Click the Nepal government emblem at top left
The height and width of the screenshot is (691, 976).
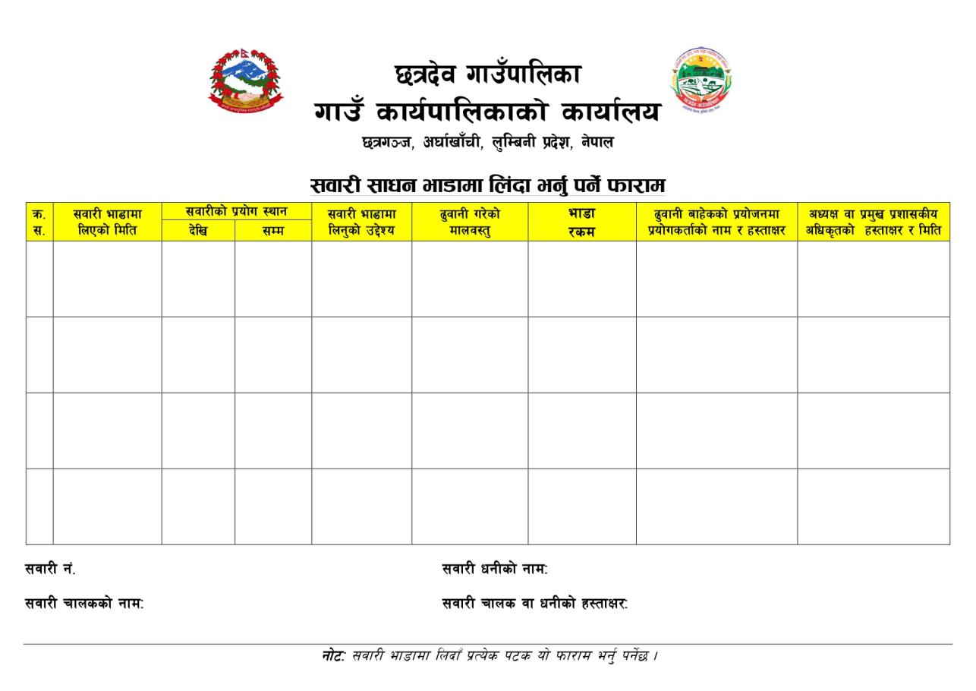pyautogui.click(x=244, y=81)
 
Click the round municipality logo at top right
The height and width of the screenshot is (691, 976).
pyautogui.click(x=701, y=81)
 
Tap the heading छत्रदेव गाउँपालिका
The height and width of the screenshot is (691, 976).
pyautogui.click(x=488, y=74)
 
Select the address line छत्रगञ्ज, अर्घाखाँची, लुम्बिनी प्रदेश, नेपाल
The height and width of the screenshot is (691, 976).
pyautogui.click(x=488, y=142)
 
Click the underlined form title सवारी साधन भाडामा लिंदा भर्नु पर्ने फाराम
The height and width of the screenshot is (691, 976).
pyautogui.click(x=488, y=185)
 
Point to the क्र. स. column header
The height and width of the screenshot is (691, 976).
pyautogui.click(x=39, y=222)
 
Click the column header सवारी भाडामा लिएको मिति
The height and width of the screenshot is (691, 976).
pyautogui.click(x=107, y=222)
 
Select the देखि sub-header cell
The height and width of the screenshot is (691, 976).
pyautogui.click(x=198, y=231)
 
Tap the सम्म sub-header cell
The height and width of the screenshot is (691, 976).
pyautogui.click(x=272, y=231)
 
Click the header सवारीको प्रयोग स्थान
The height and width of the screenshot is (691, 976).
pyautogui.click(x=236, y=212)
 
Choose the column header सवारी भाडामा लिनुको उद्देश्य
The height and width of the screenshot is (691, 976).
pyautogui.click(x=361, y=222)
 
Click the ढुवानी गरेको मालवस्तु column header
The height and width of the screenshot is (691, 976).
pyautogui.click(x=470, y=222)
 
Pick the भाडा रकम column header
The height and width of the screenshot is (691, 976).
pyautogui.click(x=581, y=222)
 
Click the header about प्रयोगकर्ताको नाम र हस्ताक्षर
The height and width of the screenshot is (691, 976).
pyautogui.click(x=716, y=222)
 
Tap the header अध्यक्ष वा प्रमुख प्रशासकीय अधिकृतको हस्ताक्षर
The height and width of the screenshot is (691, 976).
pyautogui.click(x=873, y=222)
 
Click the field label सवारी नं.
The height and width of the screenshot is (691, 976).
pyautogui.click(x=50, y=569)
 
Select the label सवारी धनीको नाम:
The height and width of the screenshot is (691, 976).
pyautogui.click(x=495, y=569)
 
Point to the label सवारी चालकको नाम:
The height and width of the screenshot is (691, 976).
pyautogui.click(x=84, y=604)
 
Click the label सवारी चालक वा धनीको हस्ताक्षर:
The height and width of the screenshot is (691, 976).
pyautogui.click(x=535, y=604)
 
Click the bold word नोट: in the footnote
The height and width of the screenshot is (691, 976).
pyautogui.click(x=333, y=655)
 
